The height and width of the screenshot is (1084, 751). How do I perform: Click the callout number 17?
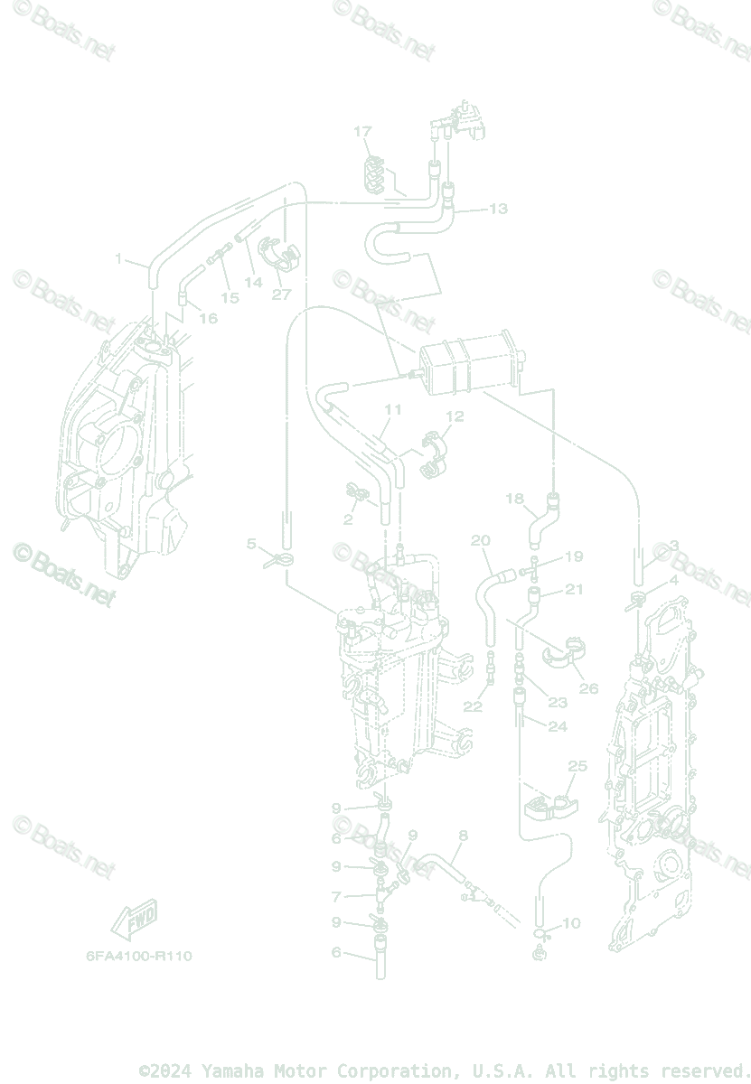(362, 132)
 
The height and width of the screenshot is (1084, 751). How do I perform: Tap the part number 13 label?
(498, 209)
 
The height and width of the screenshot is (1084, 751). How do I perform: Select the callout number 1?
(118, 259)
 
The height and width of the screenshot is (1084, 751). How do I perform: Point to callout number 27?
(281, 294)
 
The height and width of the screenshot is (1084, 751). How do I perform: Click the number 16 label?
(208, 318)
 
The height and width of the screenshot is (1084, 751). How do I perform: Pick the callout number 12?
(455, 416)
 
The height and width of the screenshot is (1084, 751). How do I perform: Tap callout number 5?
(252, 544)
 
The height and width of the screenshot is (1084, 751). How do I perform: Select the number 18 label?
(514, 499)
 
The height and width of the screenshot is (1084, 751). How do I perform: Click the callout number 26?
(588, 688)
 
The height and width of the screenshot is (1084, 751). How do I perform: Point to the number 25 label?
(577, 766)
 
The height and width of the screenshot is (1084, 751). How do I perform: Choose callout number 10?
(571, 923)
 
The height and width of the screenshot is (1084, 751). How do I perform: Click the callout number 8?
(463, 836)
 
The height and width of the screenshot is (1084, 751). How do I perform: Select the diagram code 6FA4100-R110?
(139, 956)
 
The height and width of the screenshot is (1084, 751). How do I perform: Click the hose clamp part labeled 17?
(373, 173)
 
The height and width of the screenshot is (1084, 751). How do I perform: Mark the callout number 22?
(473, 706)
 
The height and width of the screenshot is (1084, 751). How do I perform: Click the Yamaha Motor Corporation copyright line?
(443, 1071)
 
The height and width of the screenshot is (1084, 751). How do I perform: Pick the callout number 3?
(673, 546)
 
